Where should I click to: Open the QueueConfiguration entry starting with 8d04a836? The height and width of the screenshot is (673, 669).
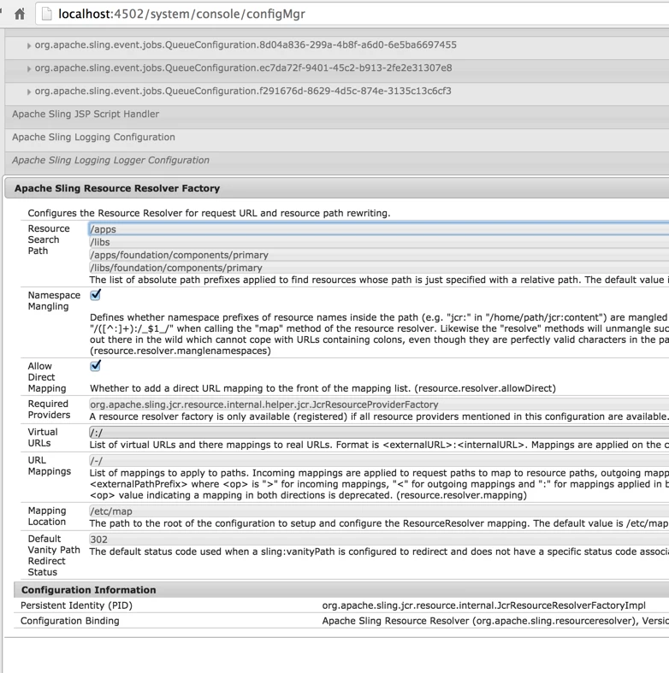tap(246, 44)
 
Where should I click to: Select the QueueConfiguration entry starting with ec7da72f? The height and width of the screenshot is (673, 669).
tap(243, 68)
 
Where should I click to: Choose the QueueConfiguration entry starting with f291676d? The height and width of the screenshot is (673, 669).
tap(243, 91)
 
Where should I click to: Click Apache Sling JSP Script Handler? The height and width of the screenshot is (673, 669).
tap(86, 114)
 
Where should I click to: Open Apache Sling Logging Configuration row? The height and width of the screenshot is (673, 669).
tap(93, 137)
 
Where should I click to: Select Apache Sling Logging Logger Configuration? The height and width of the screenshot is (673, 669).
tap(110, 160)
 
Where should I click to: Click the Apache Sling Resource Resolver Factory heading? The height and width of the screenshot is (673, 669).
tap(117, 188)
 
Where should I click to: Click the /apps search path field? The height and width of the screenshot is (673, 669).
tap(376, 229)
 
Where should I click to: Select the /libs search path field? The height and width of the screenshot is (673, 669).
tap(376, 242)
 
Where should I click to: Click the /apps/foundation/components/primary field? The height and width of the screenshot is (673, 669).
tap(376, 255)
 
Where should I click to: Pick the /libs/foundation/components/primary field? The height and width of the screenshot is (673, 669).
tap(376, 268)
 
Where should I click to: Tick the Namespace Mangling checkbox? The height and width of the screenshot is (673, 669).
tap(96, 295)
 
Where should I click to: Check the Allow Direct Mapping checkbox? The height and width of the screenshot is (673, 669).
tap(96, 365)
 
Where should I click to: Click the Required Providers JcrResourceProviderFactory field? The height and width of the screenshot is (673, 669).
tap(376, 404)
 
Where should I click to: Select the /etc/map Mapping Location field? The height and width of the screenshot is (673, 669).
tap(376, 511)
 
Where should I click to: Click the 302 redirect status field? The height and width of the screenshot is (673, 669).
tap(376, 540)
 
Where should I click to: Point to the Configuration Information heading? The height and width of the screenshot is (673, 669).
tap(89, 590)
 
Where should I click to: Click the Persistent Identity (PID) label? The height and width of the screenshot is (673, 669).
tap(77, 605)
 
